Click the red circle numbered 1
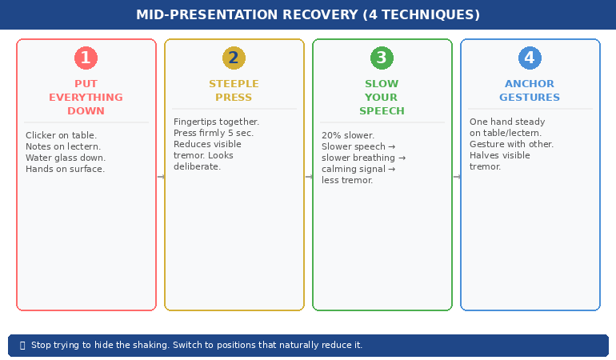(x=86, y=58)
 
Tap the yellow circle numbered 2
(x=234, y=58)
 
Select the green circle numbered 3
(x=382, y=58)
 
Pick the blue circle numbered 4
(x=530, y=58)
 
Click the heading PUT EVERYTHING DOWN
(x=86, y=98)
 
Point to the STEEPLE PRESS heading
(x=234, y=90)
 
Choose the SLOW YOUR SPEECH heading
(x=382, y=98)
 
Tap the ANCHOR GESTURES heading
(x=530, y=90)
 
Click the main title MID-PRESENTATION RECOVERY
(x=308, y=15)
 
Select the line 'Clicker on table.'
(x=61, y=136)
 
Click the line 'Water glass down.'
(x=66, y=158)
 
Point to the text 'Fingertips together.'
(x=216, y=122)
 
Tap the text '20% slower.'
(x=348, y=136)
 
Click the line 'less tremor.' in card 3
(x=347, y=181)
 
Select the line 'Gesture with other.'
(x=511, y=145)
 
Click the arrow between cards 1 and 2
(x=161, y=177)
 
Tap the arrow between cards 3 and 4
(x=457, y=177)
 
